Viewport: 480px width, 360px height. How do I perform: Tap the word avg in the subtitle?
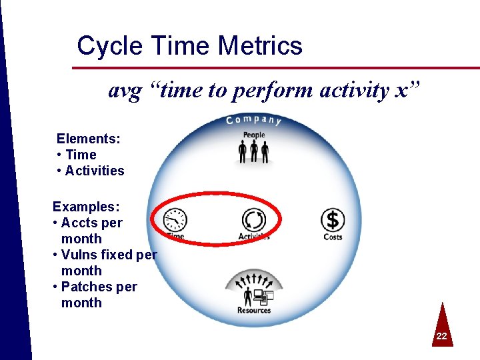[x=125, y=91]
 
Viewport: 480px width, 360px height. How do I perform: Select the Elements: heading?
[x=89, y=139]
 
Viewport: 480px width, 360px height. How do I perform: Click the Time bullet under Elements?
[x=81, y=155]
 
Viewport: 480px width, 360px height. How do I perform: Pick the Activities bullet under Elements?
[x=95, y=171]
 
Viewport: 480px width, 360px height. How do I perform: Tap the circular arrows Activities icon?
[x=253, y=219]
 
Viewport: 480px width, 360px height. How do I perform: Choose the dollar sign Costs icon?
[x=333, y=219]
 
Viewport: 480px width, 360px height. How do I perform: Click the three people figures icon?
[x=253, y=152]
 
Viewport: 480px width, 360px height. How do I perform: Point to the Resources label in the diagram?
[x=254, y=310]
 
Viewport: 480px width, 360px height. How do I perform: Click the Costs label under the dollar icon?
[x=333, y=237]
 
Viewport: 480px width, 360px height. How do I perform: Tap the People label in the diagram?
[x=254, y=135]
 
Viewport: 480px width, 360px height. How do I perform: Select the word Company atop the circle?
[x=253, y=120]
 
